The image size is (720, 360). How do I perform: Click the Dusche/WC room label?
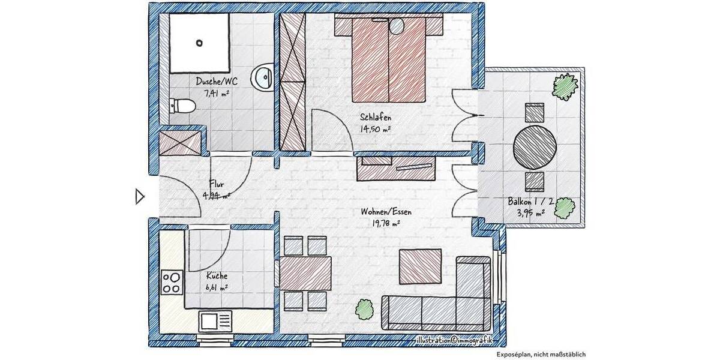coord(212,82)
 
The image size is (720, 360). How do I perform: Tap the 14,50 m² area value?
coord(376,129)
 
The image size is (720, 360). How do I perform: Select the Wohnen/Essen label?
coord(386,212)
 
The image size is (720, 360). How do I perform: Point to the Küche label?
coord(217,276)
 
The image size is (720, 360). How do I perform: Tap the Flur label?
coord(217,184)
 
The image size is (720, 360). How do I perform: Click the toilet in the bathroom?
coord(182,106)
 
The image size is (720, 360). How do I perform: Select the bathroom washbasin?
coord(262,77)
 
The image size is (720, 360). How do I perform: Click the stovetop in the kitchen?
coord(172,282)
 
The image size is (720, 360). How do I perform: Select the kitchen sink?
coord(215,320)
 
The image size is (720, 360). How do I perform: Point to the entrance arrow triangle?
coord(139,196)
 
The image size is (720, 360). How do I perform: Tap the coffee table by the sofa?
coord(421,266)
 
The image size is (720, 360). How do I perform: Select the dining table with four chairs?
coord(305,272)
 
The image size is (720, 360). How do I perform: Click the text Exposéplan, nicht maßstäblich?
coord(541,354)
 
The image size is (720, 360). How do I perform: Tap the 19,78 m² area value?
coord(386,223)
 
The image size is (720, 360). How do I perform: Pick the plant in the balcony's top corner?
coord(566,86)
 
